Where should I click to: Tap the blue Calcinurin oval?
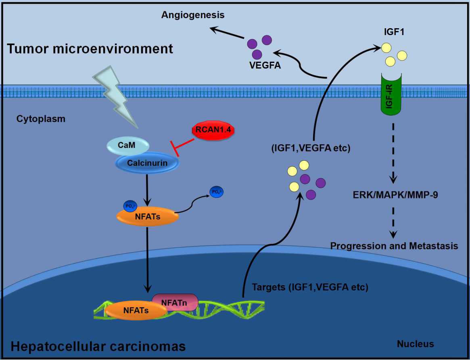coord(146,163)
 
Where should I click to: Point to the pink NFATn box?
coord(175,302)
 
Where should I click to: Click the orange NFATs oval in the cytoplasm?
coord(147,216)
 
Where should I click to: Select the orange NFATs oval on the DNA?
coord(136,310)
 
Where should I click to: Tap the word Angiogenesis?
coord(192,15)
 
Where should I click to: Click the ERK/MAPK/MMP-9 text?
coord(395,195)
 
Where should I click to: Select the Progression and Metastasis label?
coord(394,246)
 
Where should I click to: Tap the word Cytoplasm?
coord(41,119)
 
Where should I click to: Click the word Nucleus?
coord(415,344)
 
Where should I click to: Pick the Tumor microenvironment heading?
coord(90,49)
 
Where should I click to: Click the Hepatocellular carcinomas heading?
coord(98,346)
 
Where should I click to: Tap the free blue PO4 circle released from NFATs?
coord(216,192)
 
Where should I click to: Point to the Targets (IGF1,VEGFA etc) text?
coord(310,287)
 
